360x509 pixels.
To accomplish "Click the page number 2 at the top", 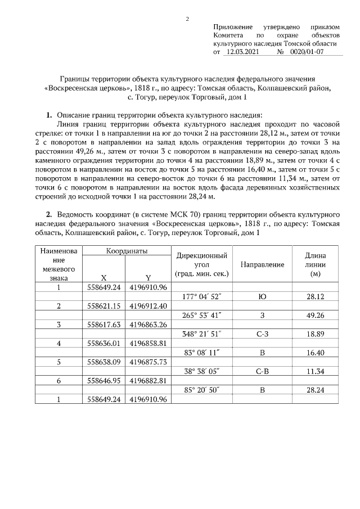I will point(187,19).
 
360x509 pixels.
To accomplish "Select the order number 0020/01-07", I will point(307,52).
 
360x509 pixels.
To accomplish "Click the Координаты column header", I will point(127,251).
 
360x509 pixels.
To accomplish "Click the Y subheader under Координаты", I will point(148,278).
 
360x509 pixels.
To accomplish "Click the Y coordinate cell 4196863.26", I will point(148,325).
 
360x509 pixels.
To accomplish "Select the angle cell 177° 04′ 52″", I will point(202,296).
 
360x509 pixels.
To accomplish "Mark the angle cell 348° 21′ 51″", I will point(202,334).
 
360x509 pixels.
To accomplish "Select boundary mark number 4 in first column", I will point(59,343).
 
